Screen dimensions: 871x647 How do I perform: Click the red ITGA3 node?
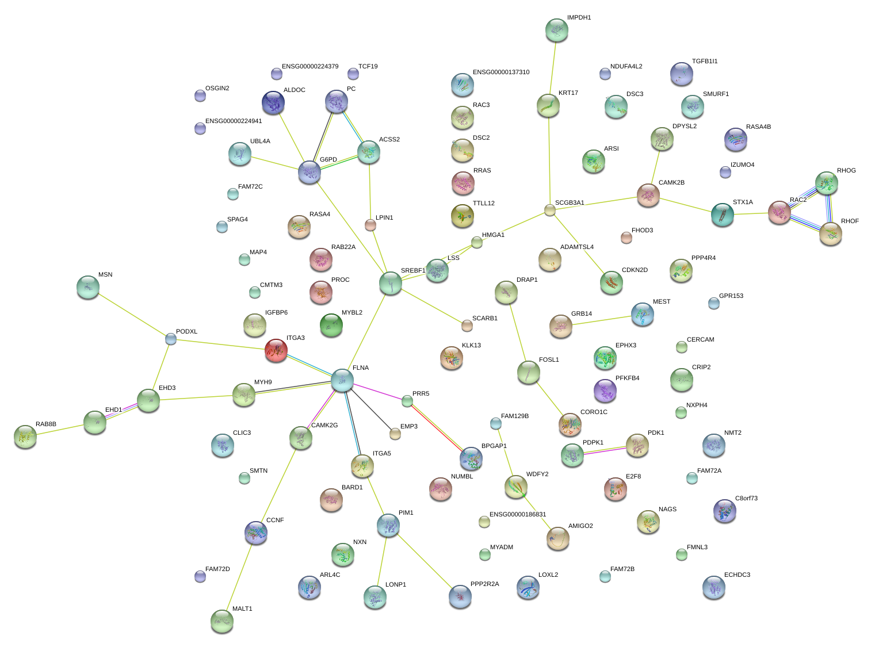click(x=276, y=350)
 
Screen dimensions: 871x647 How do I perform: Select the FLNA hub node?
click(x=342, y=380)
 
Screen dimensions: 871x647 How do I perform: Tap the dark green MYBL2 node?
click(x=331, y=325)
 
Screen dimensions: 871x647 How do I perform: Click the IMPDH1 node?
click(x=556, y=30)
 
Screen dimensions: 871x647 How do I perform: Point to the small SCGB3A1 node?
click(x=549, y=210)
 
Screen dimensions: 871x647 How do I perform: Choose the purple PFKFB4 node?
click(x=605, y=391)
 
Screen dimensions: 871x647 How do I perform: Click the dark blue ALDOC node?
click(x=273, y=102)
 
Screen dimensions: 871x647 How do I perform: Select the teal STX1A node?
click(x=722, y=215)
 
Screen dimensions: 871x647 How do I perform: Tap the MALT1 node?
click(x=221, y=621)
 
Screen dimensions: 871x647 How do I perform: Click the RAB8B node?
click(x=25, y=437)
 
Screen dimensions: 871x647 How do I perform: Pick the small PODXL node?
click(x=170, y=338)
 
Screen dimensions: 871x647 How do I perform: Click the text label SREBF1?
click(x=412, y=270)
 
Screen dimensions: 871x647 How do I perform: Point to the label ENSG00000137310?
click(x=501, y=72)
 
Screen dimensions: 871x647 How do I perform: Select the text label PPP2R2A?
click(x=484, y=584)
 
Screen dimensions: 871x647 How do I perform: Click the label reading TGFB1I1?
click(x=705, y=61)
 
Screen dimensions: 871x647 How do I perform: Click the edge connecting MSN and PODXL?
click(x=132, y=315)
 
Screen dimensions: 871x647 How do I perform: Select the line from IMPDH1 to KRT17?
click(x=552, y=67)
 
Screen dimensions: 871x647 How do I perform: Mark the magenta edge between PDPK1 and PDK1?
click(x=605, y=451)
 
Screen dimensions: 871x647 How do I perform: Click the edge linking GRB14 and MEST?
click(x=601, y=320)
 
